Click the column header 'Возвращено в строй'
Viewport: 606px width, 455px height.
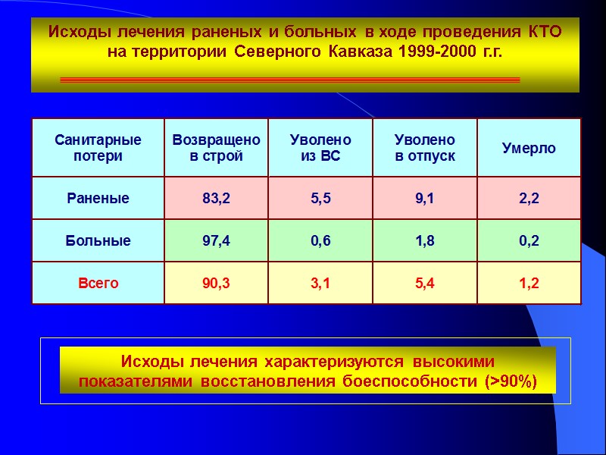216,148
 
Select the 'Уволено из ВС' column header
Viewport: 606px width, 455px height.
320,148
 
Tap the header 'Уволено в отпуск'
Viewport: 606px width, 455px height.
425,148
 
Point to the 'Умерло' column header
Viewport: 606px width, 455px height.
529,148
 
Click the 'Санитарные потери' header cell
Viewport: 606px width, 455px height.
98,148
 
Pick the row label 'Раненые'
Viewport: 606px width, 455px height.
98,199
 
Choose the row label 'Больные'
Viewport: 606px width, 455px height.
98,241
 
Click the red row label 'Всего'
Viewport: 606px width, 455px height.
98,283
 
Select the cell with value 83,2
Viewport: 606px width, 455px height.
216,199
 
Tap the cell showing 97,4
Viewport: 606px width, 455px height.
216,241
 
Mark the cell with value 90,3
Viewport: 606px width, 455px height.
216,283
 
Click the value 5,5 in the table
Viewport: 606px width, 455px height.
320,199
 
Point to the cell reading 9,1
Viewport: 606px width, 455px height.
425,199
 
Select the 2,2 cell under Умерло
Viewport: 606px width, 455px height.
529,199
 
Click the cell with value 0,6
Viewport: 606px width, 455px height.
320,241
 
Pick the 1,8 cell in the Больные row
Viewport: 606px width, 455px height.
425,241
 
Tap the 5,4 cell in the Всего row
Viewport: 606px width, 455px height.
425,283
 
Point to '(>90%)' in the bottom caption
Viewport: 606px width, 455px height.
510,381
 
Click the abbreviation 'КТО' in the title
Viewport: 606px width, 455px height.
542,33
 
